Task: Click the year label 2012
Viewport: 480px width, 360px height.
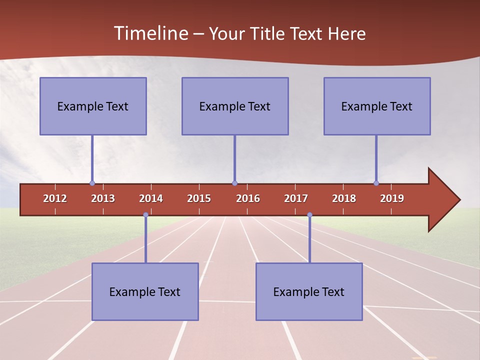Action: pos(55,198)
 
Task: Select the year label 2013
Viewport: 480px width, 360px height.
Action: pos(103,198)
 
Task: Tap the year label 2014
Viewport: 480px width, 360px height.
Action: pos(151,198)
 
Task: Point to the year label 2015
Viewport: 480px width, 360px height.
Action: pos(199,198)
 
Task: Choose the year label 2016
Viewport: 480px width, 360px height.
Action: pos(248,198)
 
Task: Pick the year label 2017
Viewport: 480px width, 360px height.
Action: pos(296,198)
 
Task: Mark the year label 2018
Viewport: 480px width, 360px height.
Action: pos(344,198)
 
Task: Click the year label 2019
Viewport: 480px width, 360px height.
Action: pos(392,198)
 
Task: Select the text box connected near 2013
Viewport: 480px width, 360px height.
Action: pos(93,106)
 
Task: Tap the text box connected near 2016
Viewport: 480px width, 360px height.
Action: pos(235,106)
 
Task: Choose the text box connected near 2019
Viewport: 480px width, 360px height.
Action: pos(377,106)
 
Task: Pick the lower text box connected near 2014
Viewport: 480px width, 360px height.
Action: pos(145,291)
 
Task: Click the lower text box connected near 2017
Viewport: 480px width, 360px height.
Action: pos(309,291)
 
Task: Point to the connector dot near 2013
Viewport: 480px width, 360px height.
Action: pos(92,183)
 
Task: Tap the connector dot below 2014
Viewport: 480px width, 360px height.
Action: pos(145,215)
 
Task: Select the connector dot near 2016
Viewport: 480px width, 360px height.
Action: pos(234,183)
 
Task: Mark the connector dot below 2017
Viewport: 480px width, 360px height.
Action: pos(309,215)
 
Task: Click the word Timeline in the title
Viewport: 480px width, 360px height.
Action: pos(150,33)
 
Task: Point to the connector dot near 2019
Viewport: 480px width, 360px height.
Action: pos(376,183)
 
